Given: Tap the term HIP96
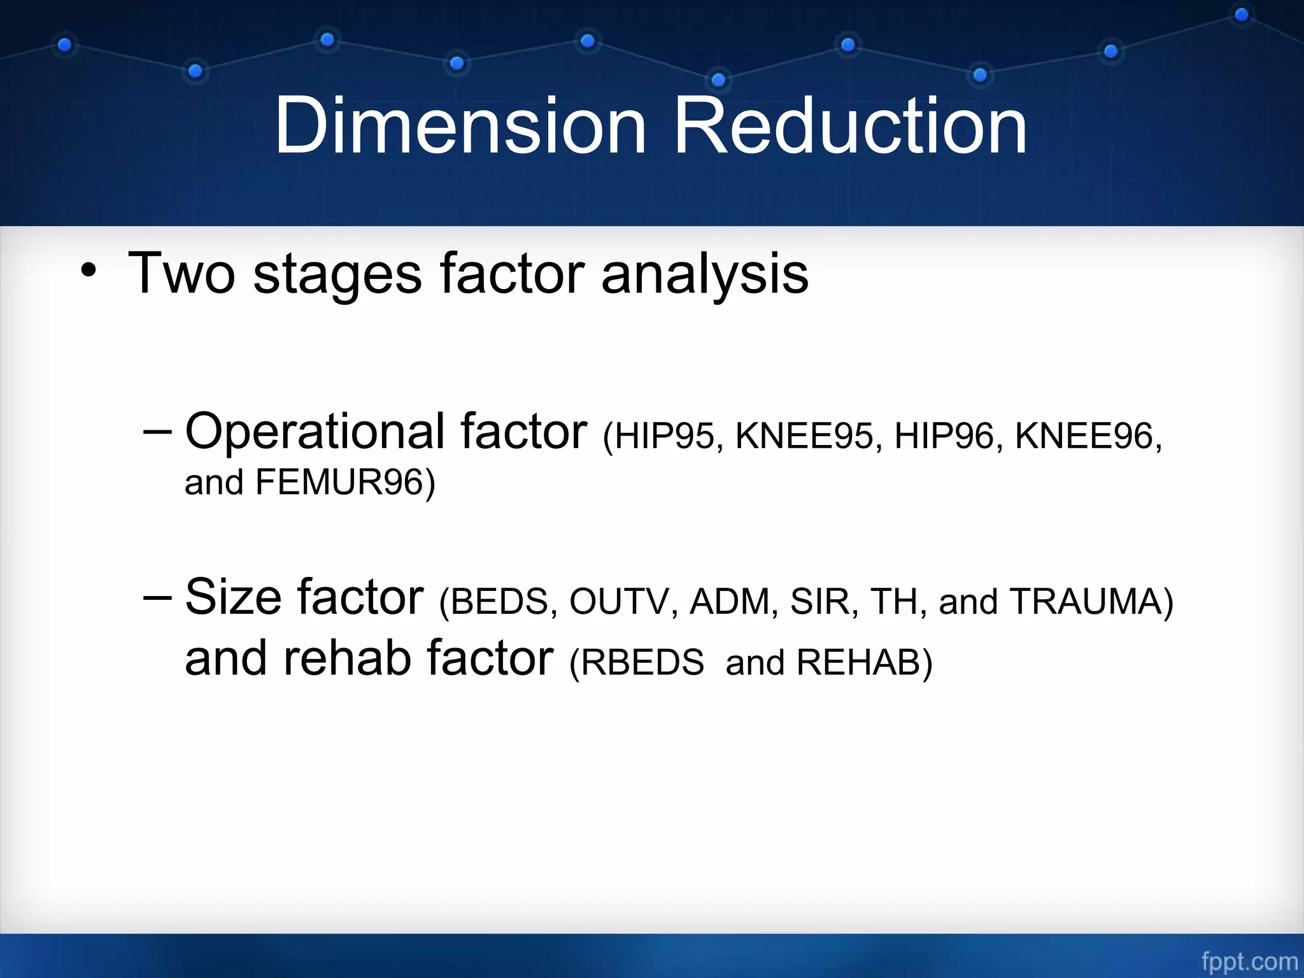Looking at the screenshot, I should tap(944, 437).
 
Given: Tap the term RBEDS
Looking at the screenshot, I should tap(642, 663).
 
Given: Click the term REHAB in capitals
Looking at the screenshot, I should tap(858, 663).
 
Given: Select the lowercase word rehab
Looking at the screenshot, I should tap(346, 658).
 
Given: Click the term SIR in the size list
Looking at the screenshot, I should tap(819, 602).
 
